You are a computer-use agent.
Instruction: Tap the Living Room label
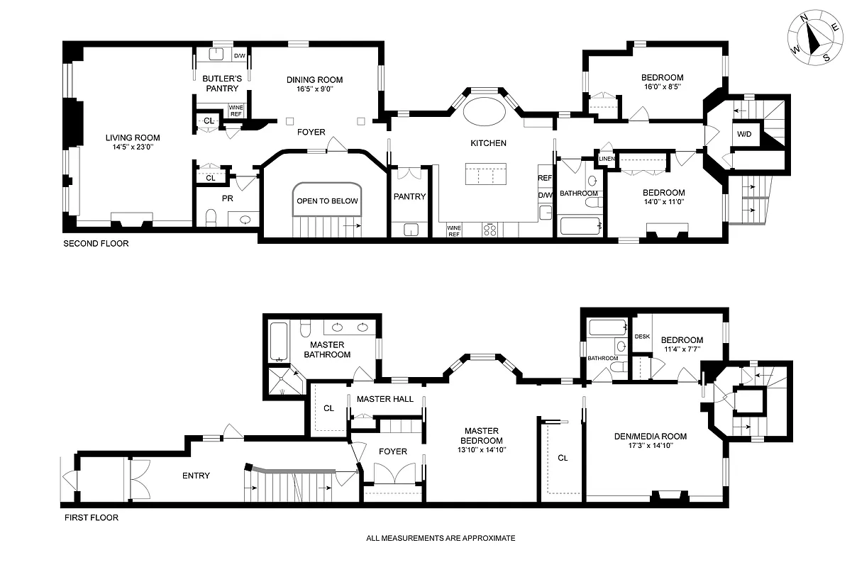pos(133,138)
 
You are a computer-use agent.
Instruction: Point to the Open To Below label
pos(327,201)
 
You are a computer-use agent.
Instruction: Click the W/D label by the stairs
pos(743,134)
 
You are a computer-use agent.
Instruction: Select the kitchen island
pos(486,174)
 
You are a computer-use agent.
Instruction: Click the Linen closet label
pos(607,159)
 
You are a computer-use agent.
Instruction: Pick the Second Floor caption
pos(96,244)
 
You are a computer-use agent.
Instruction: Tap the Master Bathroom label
pos(326,349)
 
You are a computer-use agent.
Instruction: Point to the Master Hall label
pos(384,399)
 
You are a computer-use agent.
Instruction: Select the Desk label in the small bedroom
pos(642,337)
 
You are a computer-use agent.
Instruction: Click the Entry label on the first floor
pos(196,476)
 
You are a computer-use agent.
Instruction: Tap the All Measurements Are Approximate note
pos(441,538)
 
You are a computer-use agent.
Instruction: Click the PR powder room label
pos(228,198)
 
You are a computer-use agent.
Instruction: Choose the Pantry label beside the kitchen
pos(410,196)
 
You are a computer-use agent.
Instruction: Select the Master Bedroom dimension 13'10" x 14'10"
pos(482,449)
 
